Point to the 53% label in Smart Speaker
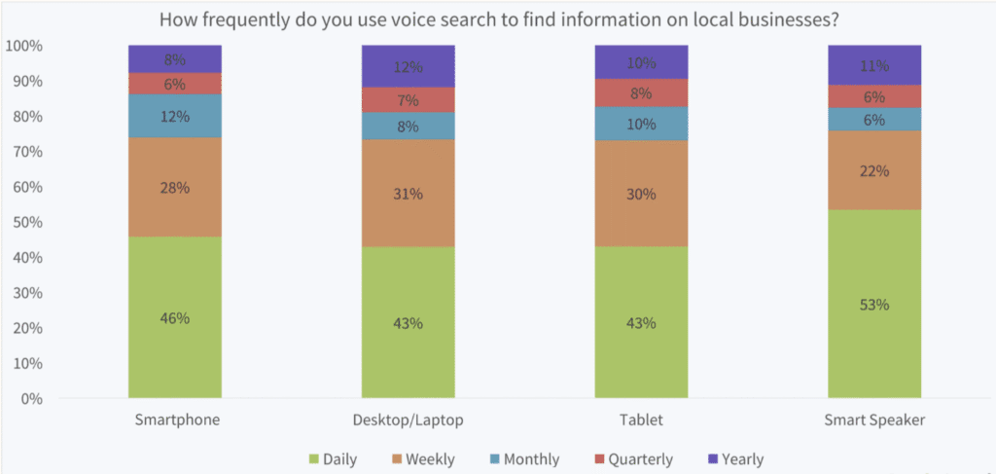coord(874,305)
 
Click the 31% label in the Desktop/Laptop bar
coord(408,194)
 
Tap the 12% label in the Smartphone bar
coord(175,116)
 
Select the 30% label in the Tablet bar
coord(641,194)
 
